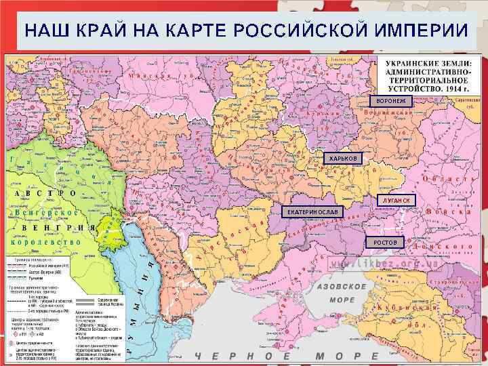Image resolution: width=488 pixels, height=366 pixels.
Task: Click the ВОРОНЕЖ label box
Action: coord(386,101)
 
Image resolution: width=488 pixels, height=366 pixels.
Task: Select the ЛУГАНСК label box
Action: coord(396,201)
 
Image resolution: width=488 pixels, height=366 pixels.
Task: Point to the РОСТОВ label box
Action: coord(384,242)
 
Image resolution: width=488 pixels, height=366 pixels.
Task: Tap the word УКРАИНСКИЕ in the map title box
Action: coord(410,64)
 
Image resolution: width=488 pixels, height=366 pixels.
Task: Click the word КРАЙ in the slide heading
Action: coord(104,31)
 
